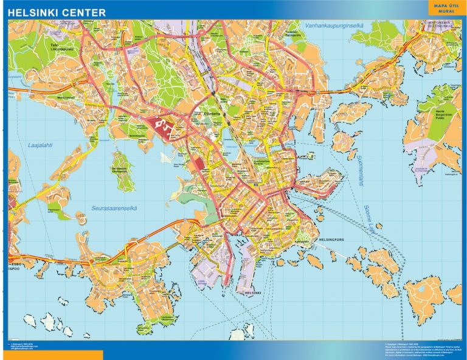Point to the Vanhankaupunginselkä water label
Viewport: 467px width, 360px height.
325,26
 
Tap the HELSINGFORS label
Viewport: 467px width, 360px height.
331,240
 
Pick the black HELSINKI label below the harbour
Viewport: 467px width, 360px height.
252,293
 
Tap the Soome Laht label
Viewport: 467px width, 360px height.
370,220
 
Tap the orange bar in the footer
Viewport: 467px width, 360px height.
52,355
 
